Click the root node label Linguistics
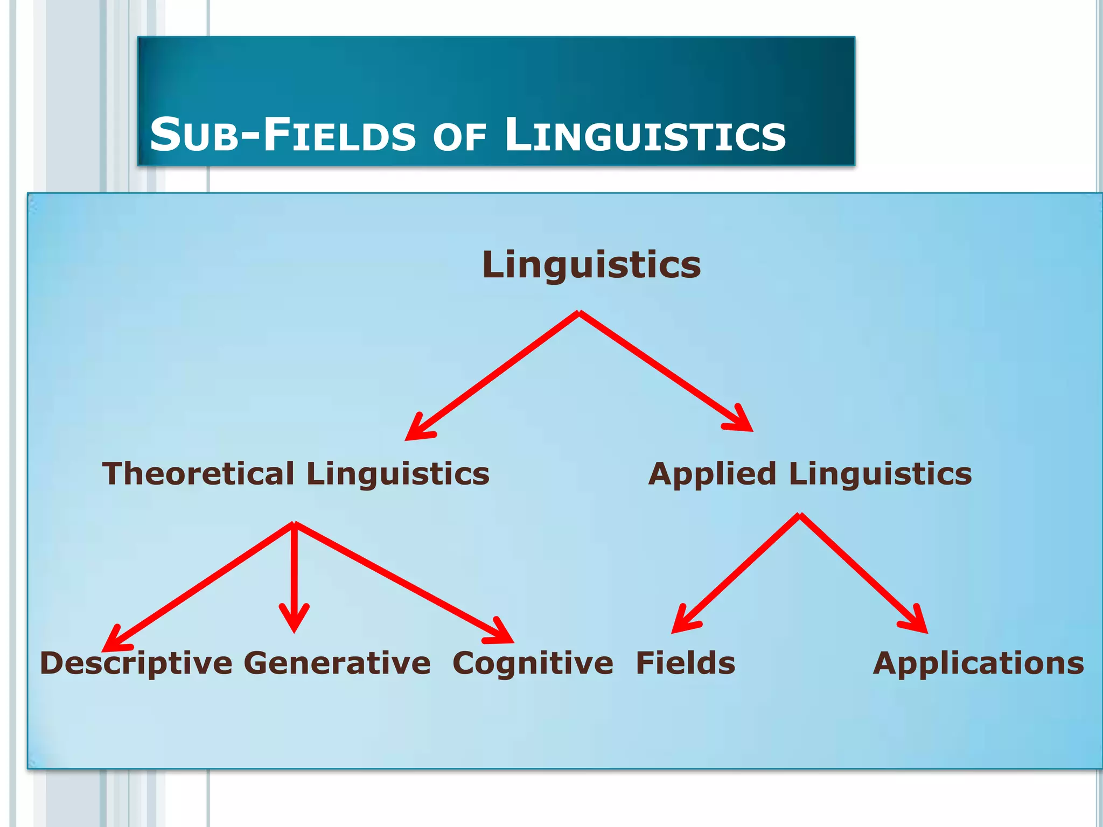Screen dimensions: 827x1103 click(591, 265)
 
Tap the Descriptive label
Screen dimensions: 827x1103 click(136, 663)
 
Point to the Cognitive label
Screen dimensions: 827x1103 click(533, 663)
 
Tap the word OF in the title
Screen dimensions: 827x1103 click(459, 137)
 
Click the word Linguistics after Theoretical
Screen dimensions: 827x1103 click(398, 474)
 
